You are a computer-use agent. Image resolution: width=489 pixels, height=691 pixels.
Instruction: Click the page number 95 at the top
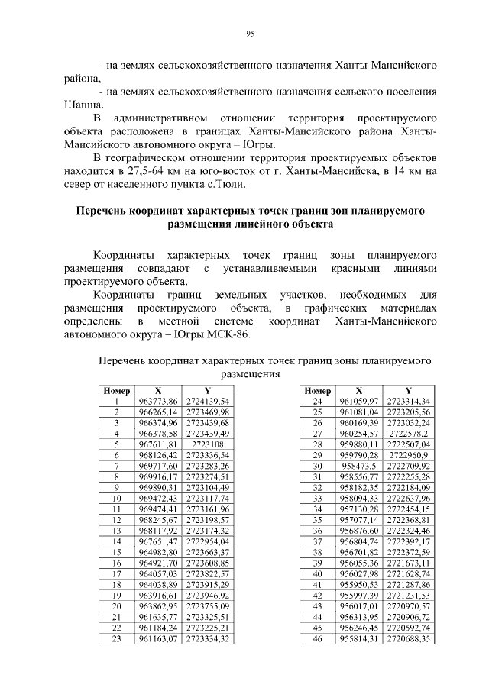tap(250, 33)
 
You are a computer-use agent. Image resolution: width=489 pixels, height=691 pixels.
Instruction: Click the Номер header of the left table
tap(117, 390)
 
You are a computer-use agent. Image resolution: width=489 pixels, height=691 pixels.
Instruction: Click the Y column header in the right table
tap(408, 390)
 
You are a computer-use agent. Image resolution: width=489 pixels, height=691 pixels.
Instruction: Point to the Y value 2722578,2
tap(408, 433)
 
